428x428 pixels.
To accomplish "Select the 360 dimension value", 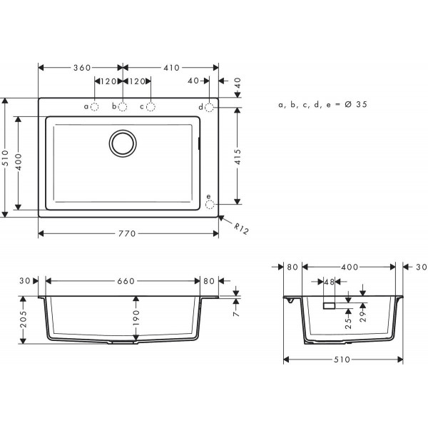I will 82,68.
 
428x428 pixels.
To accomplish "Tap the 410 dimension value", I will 170,68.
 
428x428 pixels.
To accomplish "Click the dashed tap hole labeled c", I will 151,107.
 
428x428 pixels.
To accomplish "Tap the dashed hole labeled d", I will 209,107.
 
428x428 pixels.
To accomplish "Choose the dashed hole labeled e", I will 209,205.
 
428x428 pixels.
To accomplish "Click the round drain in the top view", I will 123,142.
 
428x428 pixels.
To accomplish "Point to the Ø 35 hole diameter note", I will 323,105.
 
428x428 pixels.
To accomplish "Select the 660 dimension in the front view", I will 125,281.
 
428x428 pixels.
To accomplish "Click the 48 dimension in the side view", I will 328,281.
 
